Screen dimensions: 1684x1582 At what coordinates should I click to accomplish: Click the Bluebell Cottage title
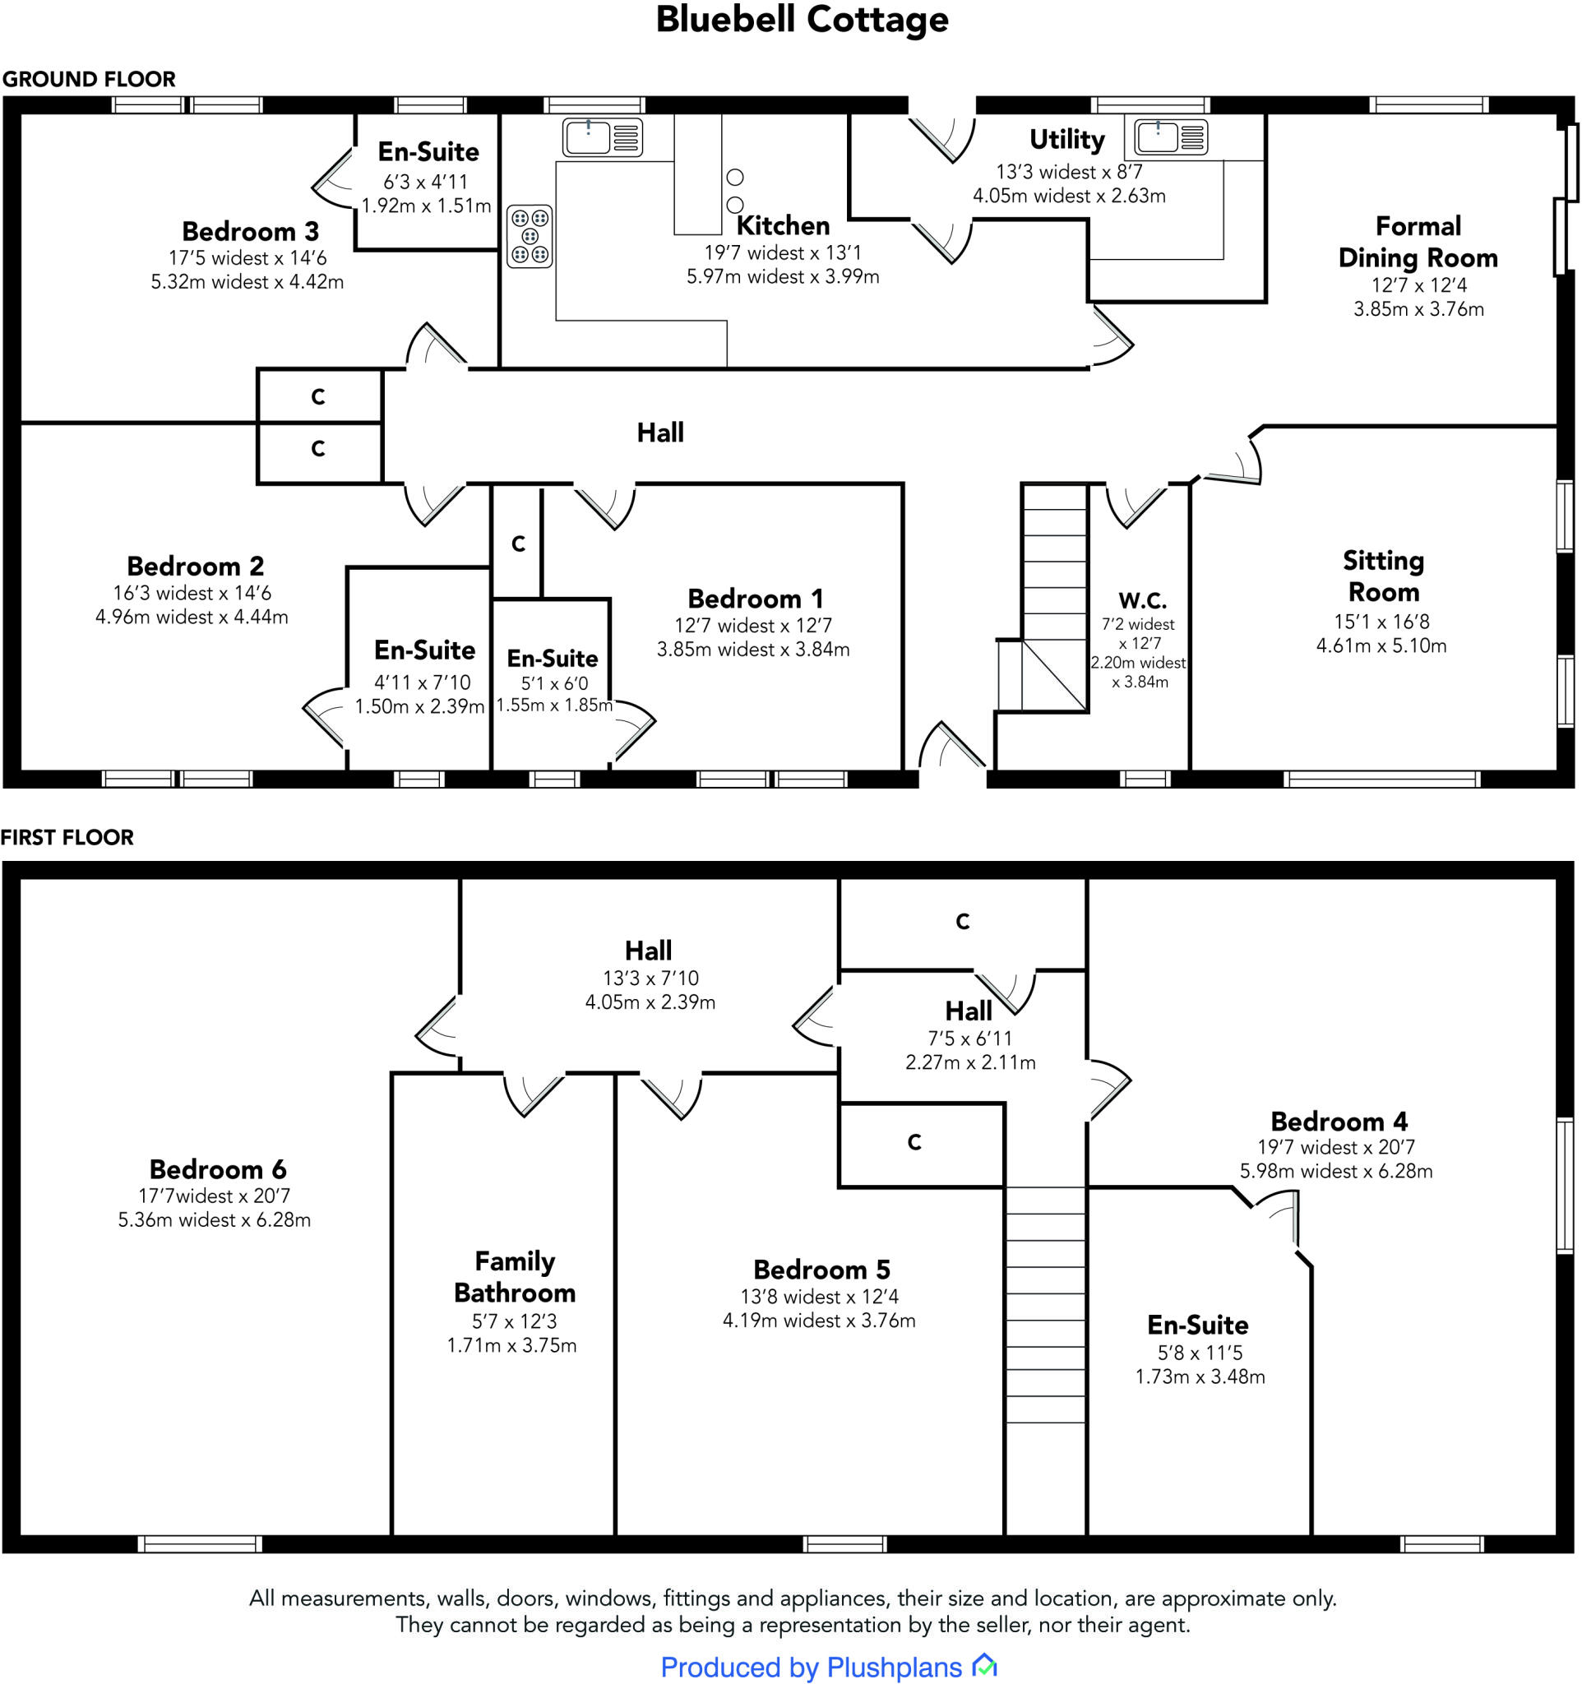click(x=801, y=21)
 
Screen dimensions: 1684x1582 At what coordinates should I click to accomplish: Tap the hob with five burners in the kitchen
click(x=530, y=236)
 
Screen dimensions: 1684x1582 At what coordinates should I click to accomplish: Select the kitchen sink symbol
click(x=602, y=137)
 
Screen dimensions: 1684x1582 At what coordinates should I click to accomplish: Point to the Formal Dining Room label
click(x=1418, y=242)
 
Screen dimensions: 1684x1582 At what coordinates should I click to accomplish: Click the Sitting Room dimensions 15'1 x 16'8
click(x=1381, y=622)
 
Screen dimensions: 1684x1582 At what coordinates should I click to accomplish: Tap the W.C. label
click(x=1141, y=600)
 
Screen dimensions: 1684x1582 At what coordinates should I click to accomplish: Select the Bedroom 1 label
click(x=755, y=599)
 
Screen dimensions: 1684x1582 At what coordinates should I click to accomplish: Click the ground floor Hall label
click(x=659, y=433)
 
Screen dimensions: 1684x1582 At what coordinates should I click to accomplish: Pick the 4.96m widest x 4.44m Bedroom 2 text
click(x=192, y=617)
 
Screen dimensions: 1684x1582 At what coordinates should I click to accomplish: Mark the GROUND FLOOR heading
click(x=89, y=80)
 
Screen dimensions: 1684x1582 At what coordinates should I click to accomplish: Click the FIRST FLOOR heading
click(x=67, y=838)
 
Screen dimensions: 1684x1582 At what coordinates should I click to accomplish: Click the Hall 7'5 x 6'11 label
click(x=968, y=1011)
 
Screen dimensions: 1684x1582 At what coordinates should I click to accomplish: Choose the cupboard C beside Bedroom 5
click(x=914, y=1143)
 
